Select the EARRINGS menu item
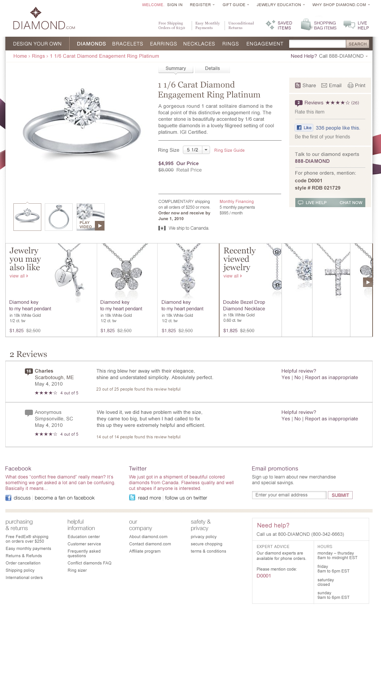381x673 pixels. (163, 44)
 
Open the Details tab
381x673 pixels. (212, 68)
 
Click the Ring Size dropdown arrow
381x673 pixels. (206, 150)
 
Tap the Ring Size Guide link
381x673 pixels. (229, 151)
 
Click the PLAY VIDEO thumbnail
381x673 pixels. (91, 217)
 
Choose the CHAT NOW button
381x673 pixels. (350, 203)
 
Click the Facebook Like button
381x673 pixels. (304, 128)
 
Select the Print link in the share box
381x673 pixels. (357, 86)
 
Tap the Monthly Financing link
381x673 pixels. (236, 202)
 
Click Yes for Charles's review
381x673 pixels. (285, 378)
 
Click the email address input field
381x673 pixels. (289, 495)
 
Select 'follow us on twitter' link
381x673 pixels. (186, 498)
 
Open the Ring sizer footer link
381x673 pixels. (77, 571)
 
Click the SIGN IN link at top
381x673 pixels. (175, 5)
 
